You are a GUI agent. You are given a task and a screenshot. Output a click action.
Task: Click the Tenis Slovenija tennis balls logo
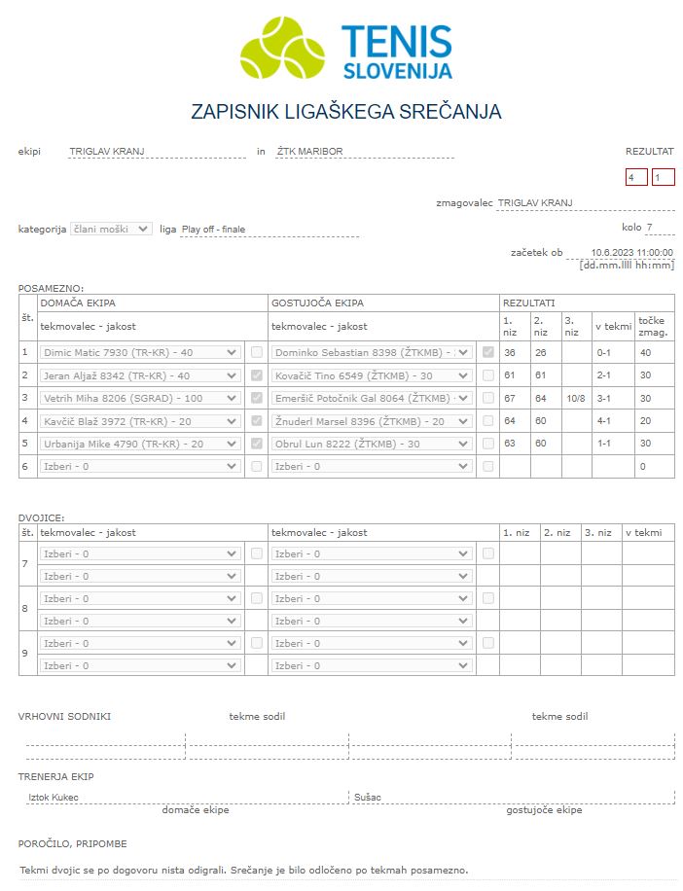tap(282, 47)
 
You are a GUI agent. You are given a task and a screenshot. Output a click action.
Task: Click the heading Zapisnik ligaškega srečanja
tap(346, 112)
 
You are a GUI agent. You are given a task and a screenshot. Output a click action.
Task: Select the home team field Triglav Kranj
tap(157, 152)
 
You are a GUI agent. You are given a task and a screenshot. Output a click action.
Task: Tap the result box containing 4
tap(636, 177)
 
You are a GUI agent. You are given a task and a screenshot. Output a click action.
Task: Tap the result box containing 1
tap(663, 177)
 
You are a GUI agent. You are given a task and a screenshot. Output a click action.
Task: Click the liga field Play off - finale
tap(269, 230)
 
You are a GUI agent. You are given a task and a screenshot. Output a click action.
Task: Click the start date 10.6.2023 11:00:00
tap(631, 253)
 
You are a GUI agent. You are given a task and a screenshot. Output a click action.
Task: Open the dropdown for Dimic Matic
tap(140, 352)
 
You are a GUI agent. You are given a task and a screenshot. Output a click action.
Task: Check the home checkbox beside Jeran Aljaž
tap(256, 374)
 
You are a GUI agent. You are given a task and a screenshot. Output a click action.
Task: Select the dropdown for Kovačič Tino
tap(372, 374)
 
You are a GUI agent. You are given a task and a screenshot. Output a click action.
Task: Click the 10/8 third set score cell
tap(575, 398)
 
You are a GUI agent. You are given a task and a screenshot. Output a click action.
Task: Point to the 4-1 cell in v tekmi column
tap(611, 421)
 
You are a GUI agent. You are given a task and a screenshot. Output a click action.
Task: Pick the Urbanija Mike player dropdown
tap(140, 444)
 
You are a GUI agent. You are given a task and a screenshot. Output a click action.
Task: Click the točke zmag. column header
tap(654, 326)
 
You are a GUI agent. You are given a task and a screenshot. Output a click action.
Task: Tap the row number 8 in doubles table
tap(24, 609)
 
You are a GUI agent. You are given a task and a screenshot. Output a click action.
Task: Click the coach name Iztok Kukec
tap(54, 798)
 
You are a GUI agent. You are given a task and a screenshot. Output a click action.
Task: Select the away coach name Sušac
tap(368, 798)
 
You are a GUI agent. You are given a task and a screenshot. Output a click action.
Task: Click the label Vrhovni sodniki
tap(64, 717)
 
